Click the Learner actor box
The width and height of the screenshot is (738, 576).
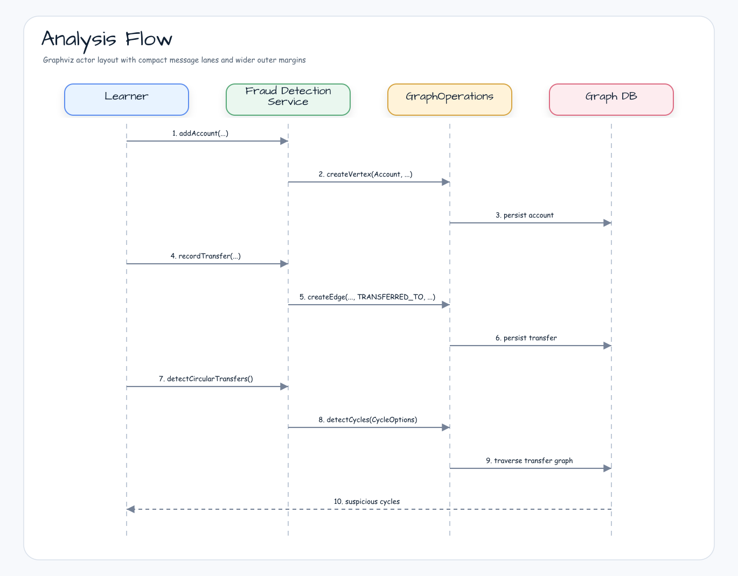(127, 100)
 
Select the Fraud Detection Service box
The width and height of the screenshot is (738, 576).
(288, 100)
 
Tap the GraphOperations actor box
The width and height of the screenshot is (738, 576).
(450, 100)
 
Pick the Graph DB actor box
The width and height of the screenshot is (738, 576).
(611, 100)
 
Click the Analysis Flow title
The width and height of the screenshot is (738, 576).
(107, 40)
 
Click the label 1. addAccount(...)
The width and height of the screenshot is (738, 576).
(200, 134)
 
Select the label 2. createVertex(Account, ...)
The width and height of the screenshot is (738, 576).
(365, 174)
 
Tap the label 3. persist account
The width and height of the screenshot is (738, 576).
(524, 215)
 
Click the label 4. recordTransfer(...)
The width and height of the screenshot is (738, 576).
(206, 256)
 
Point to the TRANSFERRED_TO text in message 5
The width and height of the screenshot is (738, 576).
(391, 297)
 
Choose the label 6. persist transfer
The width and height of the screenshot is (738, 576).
(526, 338)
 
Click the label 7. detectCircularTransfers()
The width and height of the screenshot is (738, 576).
(206, 379)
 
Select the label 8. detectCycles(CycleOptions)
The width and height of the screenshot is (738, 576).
(368, 419)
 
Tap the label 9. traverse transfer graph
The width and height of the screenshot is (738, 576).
(529, 461)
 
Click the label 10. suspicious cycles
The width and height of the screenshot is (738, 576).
(367, 501)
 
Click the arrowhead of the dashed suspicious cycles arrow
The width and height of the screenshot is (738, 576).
(131, 509)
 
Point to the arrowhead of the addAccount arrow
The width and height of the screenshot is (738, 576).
(284, 141)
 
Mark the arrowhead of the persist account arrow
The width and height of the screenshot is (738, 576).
(607, 223)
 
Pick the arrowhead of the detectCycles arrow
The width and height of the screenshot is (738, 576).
(445, 427)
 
